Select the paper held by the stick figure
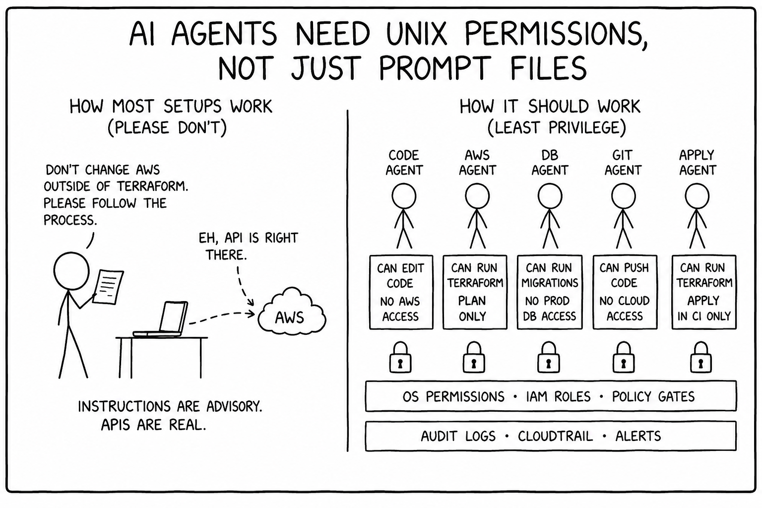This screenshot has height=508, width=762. click(108, 287)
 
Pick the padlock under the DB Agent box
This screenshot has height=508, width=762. click(548, 357)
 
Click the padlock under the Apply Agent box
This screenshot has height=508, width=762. click(701, 357)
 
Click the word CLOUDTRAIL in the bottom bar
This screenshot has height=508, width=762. click(555, 436)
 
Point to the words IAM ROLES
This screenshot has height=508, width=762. click(558, 396)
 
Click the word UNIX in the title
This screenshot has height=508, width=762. click(417, 34)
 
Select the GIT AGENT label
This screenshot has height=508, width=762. click(623, 163)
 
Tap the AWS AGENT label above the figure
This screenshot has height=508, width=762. click(477, 163)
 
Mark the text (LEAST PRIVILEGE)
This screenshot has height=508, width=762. click(557, 128)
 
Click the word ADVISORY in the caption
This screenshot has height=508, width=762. click(234, 406)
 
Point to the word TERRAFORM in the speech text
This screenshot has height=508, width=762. click(152, 187)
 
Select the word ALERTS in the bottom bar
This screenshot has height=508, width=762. click(638, 436)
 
